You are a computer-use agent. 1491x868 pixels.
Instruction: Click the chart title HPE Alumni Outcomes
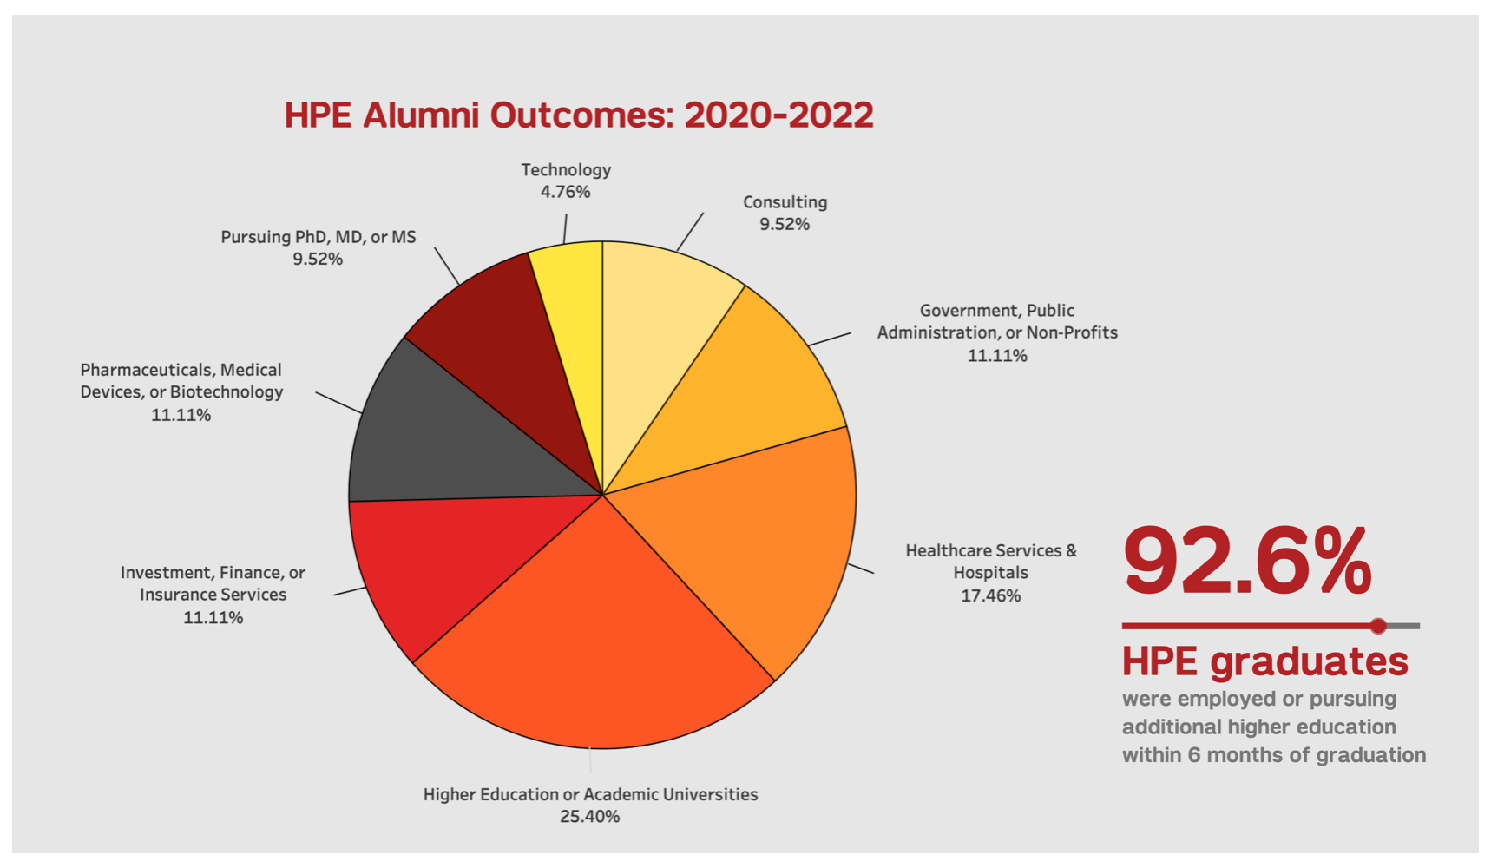579,115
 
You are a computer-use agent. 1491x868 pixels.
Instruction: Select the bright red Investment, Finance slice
434,564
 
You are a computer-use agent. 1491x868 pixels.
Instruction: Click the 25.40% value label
590,817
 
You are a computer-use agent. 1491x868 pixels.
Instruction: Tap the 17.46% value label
990,595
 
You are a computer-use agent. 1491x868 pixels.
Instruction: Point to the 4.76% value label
566,192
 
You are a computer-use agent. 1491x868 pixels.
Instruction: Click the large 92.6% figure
1248,562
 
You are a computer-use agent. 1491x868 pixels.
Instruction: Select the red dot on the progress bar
1378,626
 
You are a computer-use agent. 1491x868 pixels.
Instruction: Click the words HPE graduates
1265,661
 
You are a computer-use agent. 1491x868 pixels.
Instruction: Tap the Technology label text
566,170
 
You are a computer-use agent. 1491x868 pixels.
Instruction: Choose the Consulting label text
785,202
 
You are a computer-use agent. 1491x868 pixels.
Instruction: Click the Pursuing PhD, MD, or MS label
319,237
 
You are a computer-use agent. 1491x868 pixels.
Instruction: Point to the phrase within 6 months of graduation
1274,755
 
